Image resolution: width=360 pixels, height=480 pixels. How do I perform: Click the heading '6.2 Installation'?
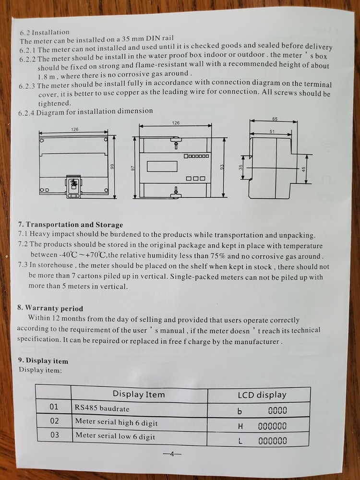coord(45,32)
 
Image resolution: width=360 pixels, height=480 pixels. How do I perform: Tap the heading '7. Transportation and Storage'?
coord(71,224)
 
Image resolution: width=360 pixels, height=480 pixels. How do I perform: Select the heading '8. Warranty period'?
coord(50,308)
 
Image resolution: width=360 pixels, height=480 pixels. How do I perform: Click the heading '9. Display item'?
coord(43,360)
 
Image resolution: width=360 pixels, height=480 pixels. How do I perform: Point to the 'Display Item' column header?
coord(139,395)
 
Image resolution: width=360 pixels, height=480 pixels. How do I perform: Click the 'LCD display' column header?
coord(262,395)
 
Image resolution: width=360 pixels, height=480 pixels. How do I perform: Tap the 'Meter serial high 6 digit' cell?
coord(116,422)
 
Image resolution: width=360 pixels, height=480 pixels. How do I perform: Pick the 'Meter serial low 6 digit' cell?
coord(115,436)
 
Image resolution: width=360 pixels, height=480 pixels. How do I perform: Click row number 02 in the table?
coord(54,421)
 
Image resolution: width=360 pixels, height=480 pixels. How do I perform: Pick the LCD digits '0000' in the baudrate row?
coord(277,410)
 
